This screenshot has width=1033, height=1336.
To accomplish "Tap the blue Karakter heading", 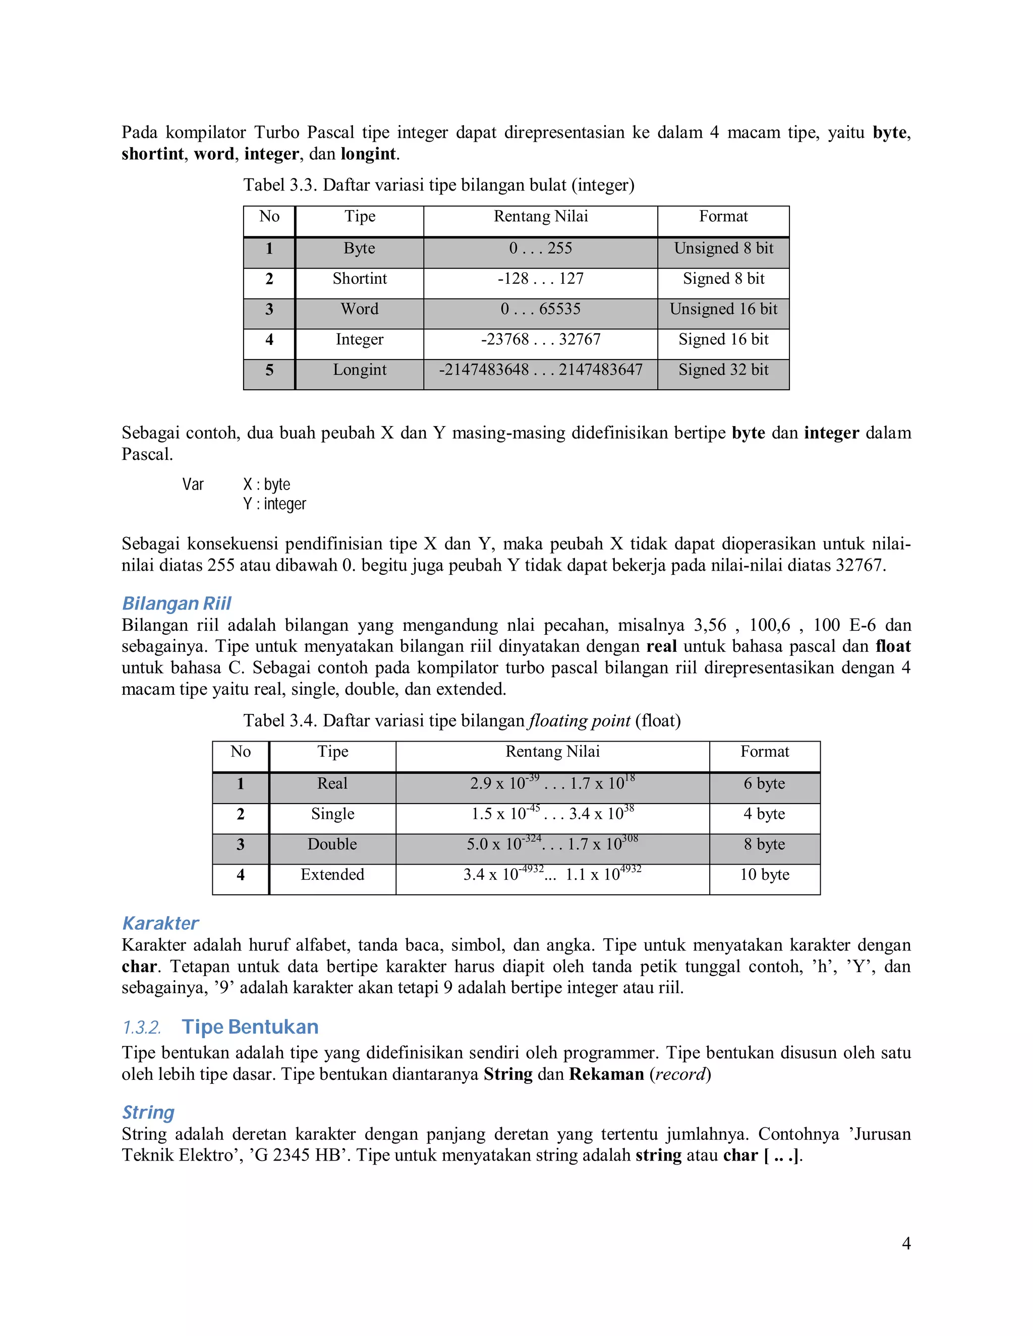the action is (x=160, y=923).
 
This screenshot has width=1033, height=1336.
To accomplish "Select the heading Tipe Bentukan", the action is (x=250, y=1027).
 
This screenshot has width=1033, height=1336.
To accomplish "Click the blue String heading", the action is (x=148, y=1112).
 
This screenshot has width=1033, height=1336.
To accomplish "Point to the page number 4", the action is (x=906, y=1243).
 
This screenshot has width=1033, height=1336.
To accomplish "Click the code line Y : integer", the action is (x=274, y=504).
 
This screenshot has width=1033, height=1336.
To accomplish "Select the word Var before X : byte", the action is (x=193, y=484).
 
